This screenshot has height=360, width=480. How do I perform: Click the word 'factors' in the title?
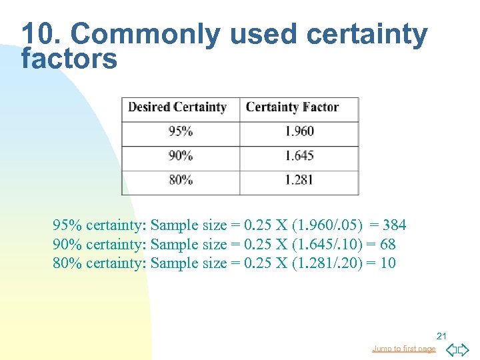[69, 59]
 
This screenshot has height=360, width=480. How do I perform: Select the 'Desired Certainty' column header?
[177, 107]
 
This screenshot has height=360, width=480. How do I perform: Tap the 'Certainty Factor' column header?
[292, 107]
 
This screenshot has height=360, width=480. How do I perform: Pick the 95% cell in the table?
[181, 131]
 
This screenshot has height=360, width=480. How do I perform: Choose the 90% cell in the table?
[181, 156]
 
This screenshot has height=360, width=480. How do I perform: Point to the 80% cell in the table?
[181, 180]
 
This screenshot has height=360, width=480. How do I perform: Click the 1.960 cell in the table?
[299, 131]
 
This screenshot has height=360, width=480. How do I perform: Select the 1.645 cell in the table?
[299, 156]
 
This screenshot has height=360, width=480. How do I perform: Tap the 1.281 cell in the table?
[299, 180]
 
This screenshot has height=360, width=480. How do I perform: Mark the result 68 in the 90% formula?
[387, 245]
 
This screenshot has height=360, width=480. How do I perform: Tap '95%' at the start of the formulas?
[67, 225]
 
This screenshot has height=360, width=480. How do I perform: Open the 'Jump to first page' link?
[404, 349]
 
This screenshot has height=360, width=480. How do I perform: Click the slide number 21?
[441, 335]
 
